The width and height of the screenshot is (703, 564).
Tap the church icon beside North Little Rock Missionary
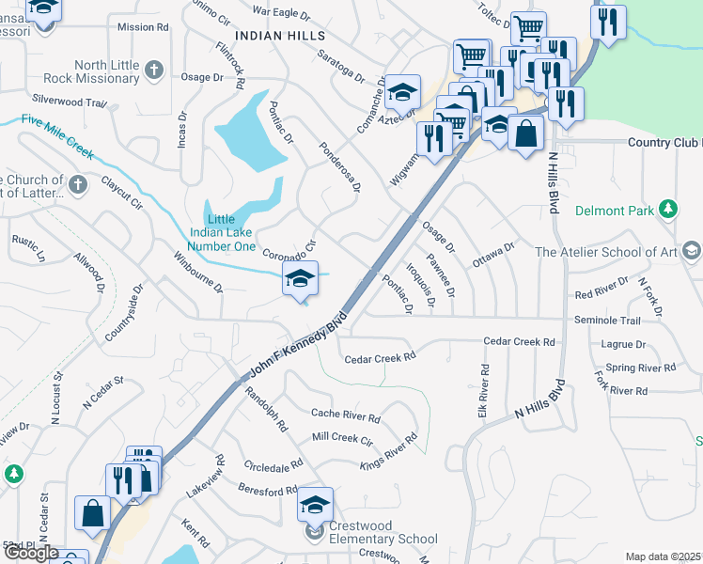[x=155, y=69]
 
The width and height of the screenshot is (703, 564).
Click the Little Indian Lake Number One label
[x=222, y=233]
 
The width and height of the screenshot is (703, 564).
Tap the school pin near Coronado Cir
[x=300, y=279]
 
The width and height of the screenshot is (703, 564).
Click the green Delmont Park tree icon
[x=668, y=209]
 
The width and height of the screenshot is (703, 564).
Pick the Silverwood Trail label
[x=69, y=100]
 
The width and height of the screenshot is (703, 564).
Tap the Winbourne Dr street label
[x=196, y=273]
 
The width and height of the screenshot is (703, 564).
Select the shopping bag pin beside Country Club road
[x=525, y=133]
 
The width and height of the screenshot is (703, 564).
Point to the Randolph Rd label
[x=267, y=409]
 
